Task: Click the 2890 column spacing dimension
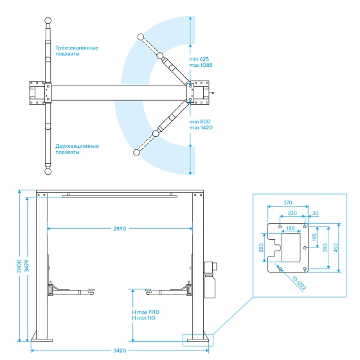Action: point(120,229)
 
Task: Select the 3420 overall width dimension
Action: point(120,350)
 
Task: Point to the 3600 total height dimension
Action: point(19,266)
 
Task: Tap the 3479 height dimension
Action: point(27,266)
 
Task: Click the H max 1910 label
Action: point(145,312)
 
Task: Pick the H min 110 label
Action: point(143,318)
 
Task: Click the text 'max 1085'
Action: point(201,65)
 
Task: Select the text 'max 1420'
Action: point(201,128)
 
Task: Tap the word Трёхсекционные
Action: point(76,48)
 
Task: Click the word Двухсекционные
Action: point(77,147)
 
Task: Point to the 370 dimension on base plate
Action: point(288,203)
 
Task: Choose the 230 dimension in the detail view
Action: point(292,213)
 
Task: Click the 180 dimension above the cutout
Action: point(291,228)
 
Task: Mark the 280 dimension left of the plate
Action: point(261,248)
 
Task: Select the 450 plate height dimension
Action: point(336,248)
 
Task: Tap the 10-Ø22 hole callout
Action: point(299,283)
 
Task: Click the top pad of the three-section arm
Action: point(48,21)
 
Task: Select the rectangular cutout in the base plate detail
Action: point(291,248)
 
